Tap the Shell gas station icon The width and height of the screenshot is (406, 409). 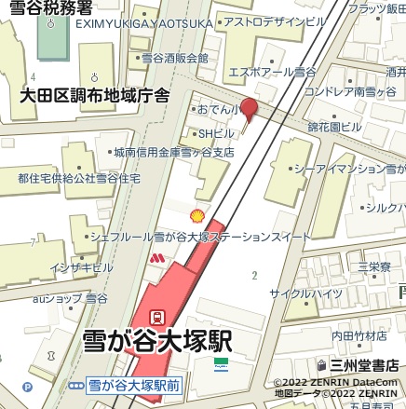tap(196, 216)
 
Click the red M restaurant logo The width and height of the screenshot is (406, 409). tap(157, 257)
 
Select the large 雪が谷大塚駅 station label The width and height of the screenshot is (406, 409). tap(157, 339)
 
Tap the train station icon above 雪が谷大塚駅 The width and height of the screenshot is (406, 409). tap(158, 317)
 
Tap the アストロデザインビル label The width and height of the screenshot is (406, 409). tap(274, 21)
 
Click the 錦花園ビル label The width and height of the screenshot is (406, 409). tap(334, 127)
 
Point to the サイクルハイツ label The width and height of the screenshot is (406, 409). tap(305, 293)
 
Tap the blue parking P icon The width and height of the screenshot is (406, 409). tap(26, 385)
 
